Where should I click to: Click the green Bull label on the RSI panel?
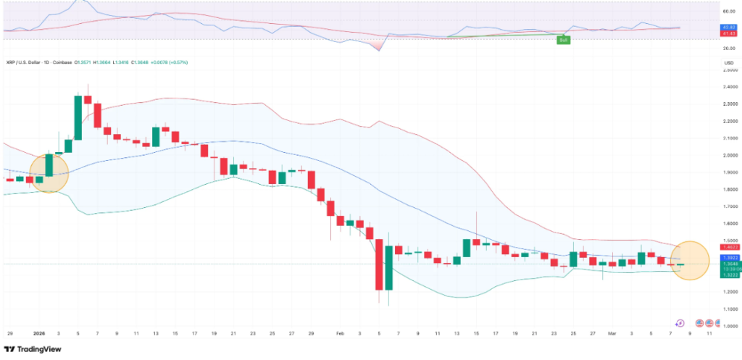[x=562, y=39]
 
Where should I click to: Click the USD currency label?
[x=728, y=63]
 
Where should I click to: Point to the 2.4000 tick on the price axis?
[x=730, y=87]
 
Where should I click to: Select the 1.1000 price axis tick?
[x=730, y=309]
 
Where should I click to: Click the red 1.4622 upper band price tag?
[x=730, y=247]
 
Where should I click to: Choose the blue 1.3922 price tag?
[x=730, y=258]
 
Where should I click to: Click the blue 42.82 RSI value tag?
[x=730, y=27]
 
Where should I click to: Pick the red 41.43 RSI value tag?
[x=730, y=33]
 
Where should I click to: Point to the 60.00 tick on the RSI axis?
[x=729, y=12]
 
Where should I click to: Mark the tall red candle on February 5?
[x=379, y=264]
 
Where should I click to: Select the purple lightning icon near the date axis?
[x=680, y=323]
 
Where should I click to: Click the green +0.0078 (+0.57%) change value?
[x=167, y=62]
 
